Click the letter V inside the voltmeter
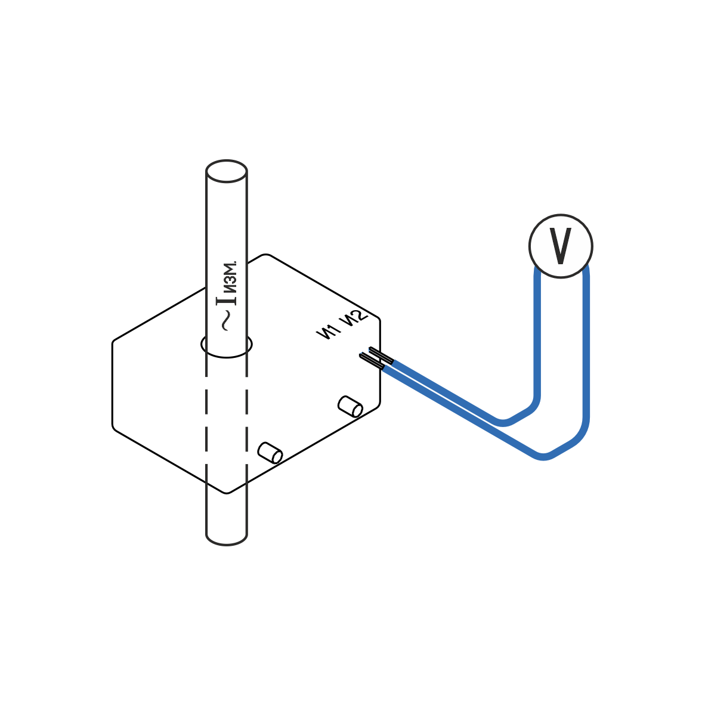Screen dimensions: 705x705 click(x=560, y=246)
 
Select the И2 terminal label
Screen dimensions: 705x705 click(x=352, y=319)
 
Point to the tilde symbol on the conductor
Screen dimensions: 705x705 click(x=227, y=321)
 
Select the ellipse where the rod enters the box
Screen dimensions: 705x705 click(x=227, y=345)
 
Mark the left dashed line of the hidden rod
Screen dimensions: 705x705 click(x=206, y=418)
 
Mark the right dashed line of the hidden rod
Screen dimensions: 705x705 click(x=246, y=418)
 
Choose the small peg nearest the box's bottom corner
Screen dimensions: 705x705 click(x=270, y=453)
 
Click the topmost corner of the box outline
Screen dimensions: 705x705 click(x=267, y=255)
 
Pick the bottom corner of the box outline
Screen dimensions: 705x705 click(x=227, y=493)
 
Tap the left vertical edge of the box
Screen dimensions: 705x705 click(x=113, y=385)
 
